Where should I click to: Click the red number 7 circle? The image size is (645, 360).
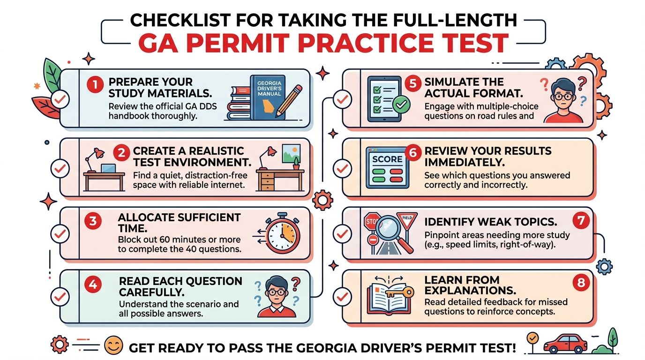[580, 220]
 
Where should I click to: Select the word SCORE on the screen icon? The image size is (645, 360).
[387, 159]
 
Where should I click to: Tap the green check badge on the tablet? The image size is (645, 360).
[401, 105]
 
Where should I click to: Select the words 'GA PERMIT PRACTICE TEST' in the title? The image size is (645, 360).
[323, 43]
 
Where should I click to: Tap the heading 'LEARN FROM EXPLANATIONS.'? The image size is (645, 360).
[469, 285]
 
